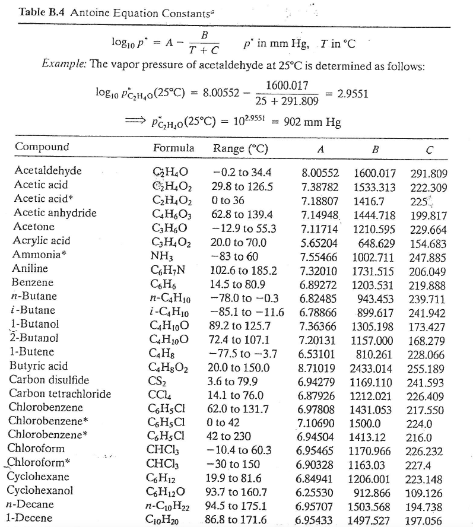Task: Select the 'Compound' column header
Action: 42,147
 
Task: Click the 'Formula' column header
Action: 173,147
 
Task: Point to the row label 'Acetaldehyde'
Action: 47,172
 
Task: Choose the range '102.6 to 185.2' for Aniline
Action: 244,269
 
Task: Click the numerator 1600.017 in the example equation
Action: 287,85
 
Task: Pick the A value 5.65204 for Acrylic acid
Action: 319,242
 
